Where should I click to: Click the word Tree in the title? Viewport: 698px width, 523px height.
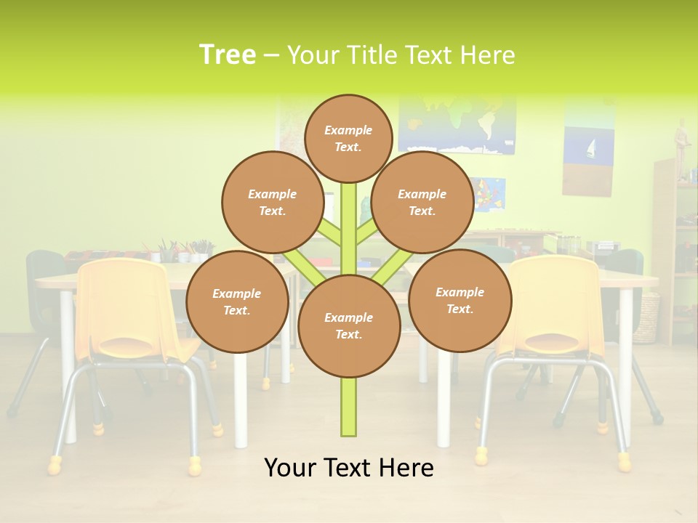pos(228,54)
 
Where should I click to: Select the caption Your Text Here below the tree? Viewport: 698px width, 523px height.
pos(348,468)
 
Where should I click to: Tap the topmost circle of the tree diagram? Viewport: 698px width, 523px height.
pos(348,138)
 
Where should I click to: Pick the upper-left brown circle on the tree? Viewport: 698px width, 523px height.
pos(273,202)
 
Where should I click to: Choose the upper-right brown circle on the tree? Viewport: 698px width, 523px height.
pos(422,202)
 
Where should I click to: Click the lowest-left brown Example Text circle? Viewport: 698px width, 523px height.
pos(237,301)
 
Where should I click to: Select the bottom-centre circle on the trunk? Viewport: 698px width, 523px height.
pos(348,326)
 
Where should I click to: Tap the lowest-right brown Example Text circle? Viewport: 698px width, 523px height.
pos(460,300)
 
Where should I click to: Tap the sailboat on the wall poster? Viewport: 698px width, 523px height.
pos(590,149)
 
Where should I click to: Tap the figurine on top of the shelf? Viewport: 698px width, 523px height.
pos(681,145)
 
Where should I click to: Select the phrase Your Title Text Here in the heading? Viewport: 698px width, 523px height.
pos(401,55)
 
